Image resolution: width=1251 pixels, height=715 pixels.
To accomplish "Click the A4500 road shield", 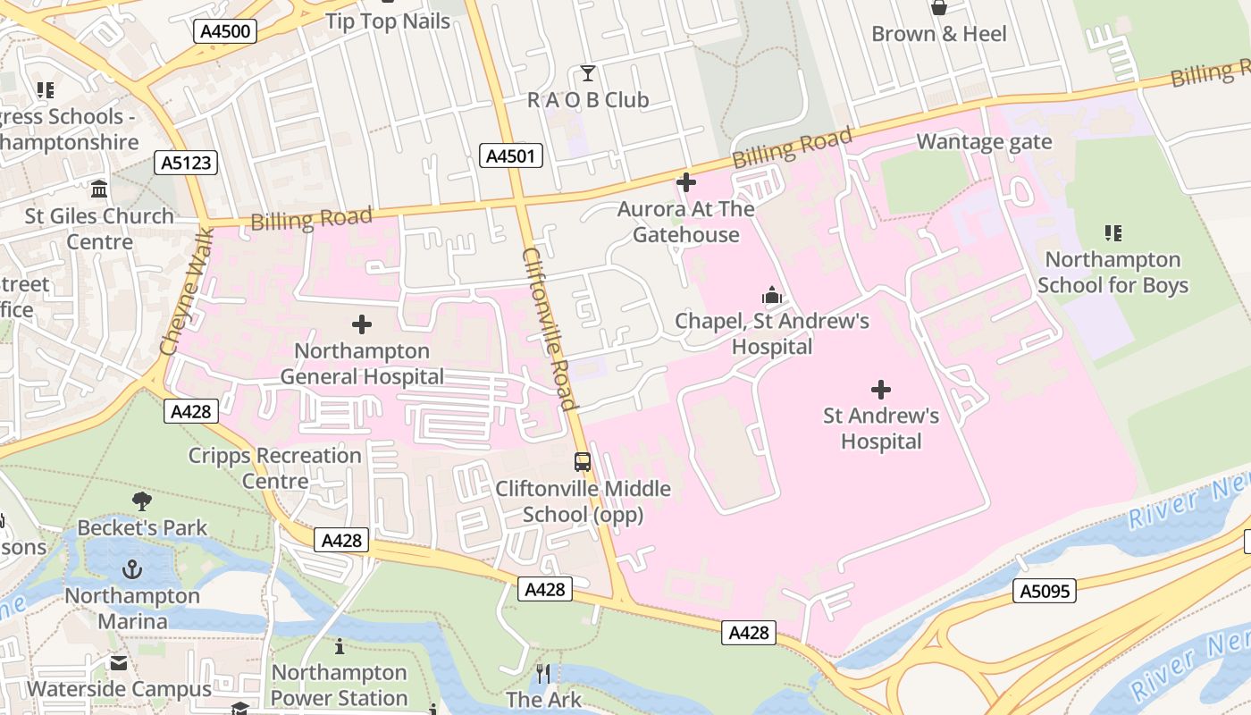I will click(x=225, y=31).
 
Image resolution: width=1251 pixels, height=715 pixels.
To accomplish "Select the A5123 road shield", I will click(x=186, y=163).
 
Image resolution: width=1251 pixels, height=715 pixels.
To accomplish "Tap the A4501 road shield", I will click(x=511, y=156).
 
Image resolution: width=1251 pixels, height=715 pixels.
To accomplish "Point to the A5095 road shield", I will click(x=1045, y=590).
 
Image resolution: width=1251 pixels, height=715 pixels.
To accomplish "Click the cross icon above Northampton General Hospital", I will click(x=362, y=324).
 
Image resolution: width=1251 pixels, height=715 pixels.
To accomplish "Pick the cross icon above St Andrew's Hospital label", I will click(x=881, y=390).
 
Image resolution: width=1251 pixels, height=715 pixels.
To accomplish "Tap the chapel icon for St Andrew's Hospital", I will click(x=771, y=295).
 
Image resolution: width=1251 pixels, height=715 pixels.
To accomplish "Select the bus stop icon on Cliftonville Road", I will click(x=583, y=462).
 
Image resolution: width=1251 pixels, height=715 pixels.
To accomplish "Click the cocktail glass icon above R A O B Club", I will click(x=587, y=73).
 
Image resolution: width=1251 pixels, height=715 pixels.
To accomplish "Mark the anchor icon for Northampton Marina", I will click(x=132, y=569).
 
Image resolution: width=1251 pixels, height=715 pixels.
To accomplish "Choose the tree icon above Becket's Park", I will click(x=141, y=501).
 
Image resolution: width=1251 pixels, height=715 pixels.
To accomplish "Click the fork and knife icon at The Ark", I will click(x=543, y=673).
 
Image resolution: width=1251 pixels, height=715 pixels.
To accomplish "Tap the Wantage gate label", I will click(x=984, y=141).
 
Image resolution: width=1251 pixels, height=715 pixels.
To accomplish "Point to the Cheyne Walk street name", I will click(x=187, y=290).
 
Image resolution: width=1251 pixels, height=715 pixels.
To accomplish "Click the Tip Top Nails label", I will click(x=388, y=21).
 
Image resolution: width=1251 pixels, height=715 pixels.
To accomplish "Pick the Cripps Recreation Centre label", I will click(x=274, y=468).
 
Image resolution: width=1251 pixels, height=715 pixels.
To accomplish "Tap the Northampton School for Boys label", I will click(x=1112, y=273).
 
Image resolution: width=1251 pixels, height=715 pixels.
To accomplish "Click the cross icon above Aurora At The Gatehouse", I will click(x=686, y=183).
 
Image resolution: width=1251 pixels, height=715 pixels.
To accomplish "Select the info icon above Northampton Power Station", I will click(x=339, y=646).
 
